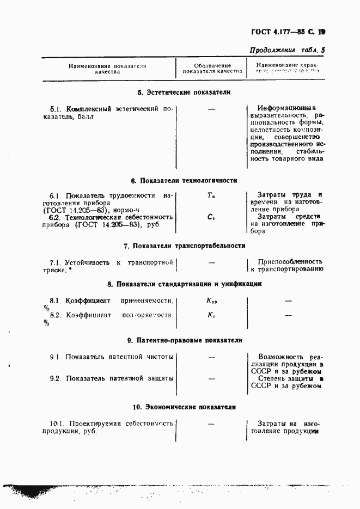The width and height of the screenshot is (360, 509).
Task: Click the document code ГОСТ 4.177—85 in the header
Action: tap(285, 31)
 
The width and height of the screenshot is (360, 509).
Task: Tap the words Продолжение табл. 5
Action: tap(287, 50)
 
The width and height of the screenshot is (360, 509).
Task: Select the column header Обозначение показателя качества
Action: tap(212, 68)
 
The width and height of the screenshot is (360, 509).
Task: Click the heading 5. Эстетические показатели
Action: tap(184, 93)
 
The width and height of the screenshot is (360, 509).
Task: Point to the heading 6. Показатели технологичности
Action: tap(184, 180)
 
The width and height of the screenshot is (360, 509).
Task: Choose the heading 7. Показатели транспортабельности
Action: tap(184, 246)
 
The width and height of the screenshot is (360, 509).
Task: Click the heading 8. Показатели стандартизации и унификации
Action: tap(184, 284)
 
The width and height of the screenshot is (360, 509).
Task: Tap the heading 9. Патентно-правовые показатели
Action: tap(184, 340)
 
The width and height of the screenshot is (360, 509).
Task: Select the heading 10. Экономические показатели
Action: tap(184, 407)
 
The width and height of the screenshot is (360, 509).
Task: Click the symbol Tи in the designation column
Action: tap(211, 195)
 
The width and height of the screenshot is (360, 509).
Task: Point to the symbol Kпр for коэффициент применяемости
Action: tap(212, 301)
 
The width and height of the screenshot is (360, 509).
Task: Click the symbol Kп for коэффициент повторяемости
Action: tap(211, 315)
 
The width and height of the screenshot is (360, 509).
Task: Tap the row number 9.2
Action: tap(54, 378)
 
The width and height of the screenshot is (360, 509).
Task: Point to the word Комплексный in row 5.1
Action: tap(88, 109)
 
